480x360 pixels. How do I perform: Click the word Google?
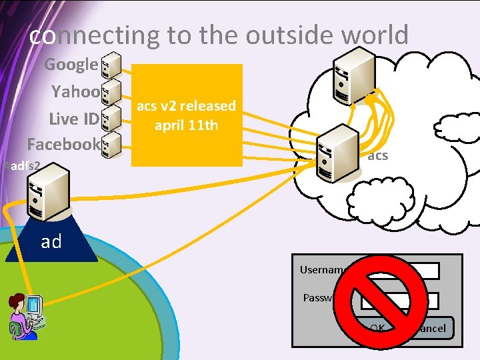click(71, 65)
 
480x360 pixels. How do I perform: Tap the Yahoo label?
click(75, 91)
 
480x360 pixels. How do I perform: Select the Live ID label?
click(73, 118)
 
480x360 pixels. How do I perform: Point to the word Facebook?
click(63, 143)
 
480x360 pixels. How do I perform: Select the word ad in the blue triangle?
click(51, 241)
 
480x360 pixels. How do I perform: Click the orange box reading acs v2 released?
click(187, 115)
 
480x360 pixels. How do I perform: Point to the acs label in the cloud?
click(378, 156)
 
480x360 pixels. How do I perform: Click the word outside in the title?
click(273, 35)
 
